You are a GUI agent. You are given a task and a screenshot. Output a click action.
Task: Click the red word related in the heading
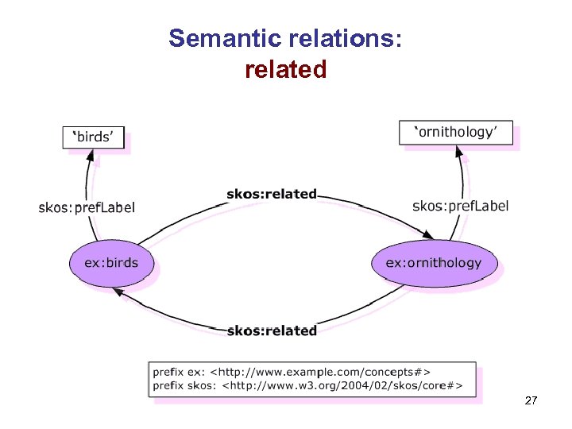click(286, 70)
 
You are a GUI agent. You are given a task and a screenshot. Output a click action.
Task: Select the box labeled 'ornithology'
click(455, 132)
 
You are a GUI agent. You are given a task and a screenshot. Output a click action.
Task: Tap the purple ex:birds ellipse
click(111, 263)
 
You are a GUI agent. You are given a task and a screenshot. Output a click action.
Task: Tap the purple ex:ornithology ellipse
click(433, 262)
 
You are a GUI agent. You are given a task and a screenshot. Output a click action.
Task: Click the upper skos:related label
click(272, 194)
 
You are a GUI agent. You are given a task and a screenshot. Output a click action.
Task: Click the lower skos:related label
click(272, 330)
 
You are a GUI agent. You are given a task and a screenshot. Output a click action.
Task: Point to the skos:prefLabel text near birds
click(87, 207)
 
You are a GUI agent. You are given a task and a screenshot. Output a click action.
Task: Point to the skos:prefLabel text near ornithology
click(461, 206)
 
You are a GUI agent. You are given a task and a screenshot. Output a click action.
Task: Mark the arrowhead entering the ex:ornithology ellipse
click(428, 235)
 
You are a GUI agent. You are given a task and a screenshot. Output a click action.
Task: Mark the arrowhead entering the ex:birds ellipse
click(117, 292)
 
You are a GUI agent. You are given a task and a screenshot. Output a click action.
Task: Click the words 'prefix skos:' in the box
click(184, 387)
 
